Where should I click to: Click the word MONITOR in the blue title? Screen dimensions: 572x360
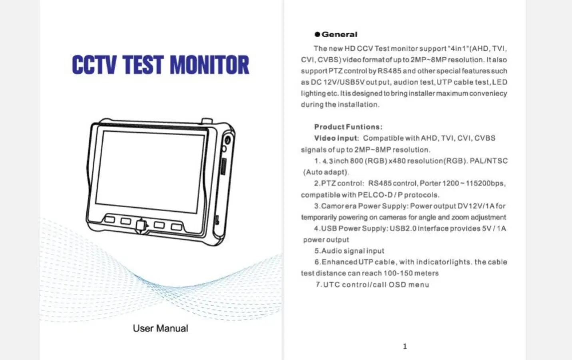(209, 65)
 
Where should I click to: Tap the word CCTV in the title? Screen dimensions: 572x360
(94, 65)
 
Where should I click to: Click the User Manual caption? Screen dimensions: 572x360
(160, 328)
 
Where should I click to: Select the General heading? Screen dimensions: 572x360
(339, 34)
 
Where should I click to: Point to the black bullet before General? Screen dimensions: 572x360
(317, 34)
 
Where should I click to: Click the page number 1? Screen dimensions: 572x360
(405, 346)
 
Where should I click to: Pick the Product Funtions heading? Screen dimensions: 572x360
(348, 127)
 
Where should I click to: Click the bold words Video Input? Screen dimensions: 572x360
(336, 138)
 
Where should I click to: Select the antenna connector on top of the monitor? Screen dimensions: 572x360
(207, 121)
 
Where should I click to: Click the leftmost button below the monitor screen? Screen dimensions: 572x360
(110, 220)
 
